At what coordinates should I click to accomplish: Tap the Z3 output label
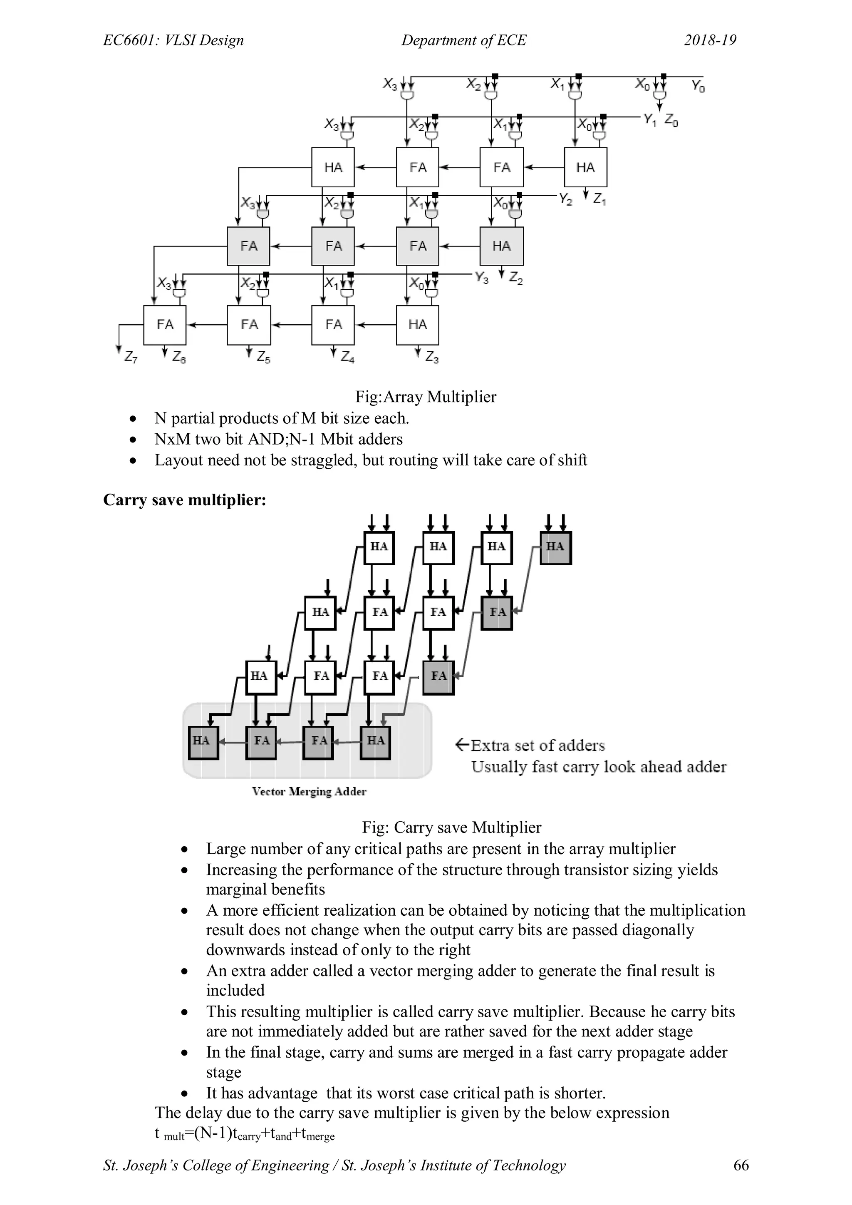coord(432,358)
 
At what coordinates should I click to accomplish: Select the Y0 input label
coord(698,86)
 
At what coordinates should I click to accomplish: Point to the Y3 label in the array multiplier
coord(482,278)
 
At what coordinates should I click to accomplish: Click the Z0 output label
coord(671,121)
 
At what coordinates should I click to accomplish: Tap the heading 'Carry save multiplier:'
coord(185,499)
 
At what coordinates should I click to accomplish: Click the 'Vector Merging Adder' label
coord(309,791)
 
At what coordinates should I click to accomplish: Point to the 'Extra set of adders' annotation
coord(531,745)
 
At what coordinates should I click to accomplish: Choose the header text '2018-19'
coord(710,40)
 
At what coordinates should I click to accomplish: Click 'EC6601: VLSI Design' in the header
coord(173,40)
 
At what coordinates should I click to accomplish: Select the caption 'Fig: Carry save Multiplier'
coord(451,827)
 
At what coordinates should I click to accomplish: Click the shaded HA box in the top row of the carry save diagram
coord(555,547)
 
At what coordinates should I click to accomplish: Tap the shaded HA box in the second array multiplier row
coord(502,246)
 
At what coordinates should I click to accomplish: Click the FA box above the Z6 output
coord(165,324)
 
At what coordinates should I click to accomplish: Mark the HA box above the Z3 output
coord(418,324)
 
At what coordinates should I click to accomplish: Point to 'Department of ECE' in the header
coord(463,40)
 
